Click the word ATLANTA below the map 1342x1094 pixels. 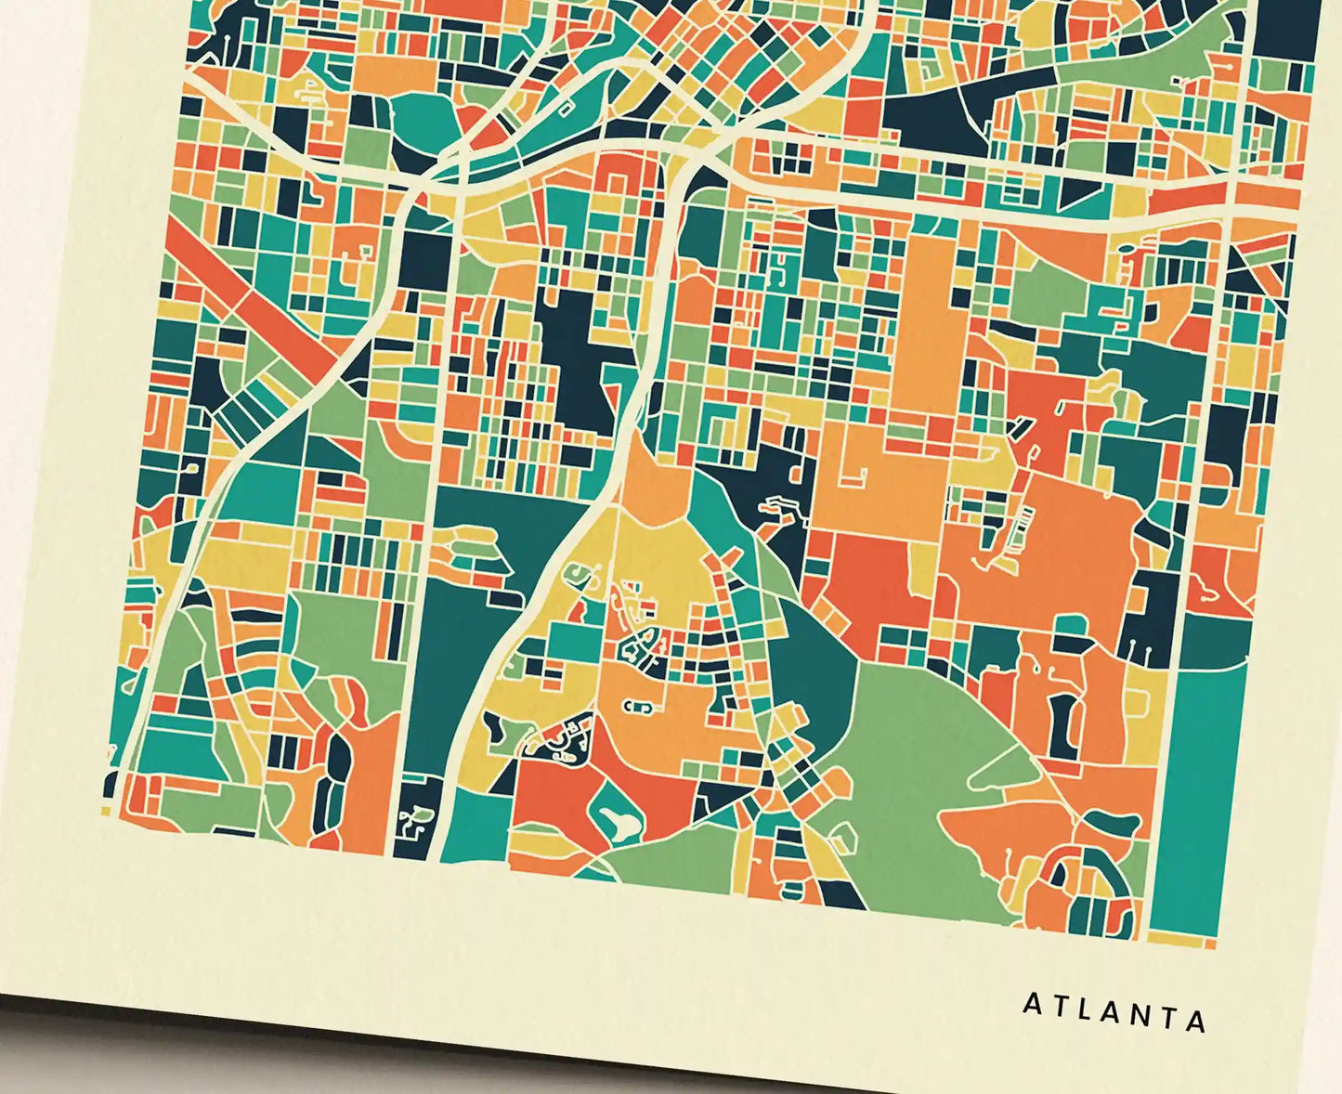(1114, 1011)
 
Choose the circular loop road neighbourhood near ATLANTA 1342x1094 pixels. (1082, 892)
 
